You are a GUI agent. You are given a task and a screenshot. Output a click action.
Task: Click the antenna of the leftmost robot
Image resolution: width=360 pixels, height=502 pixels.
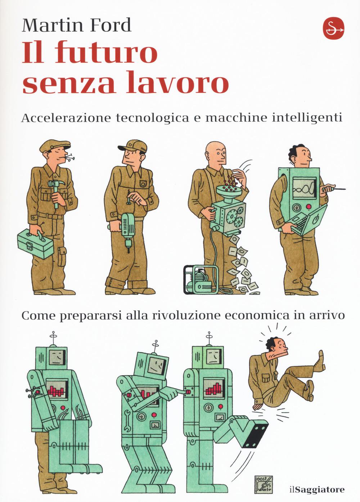coord(53,337)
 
